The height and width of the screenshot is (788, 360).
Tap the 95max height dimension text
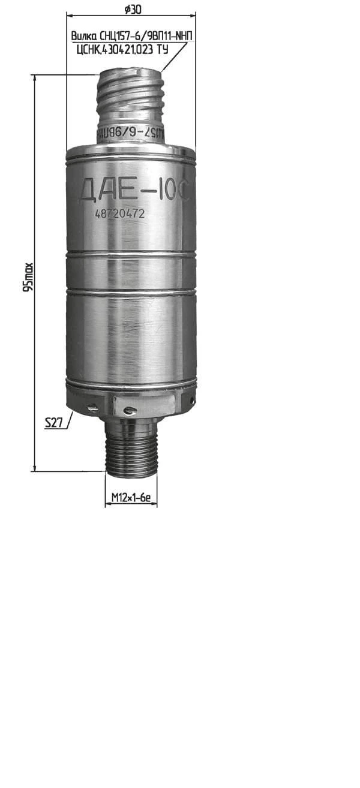click(28, 277)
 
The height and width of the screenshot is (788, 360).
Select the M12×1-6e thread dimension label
click(131, 498)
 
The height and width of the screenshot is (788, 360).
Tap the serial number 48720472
click(120, 213)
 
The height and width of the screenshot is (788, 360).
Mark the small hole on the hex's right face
click(190, 399)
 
